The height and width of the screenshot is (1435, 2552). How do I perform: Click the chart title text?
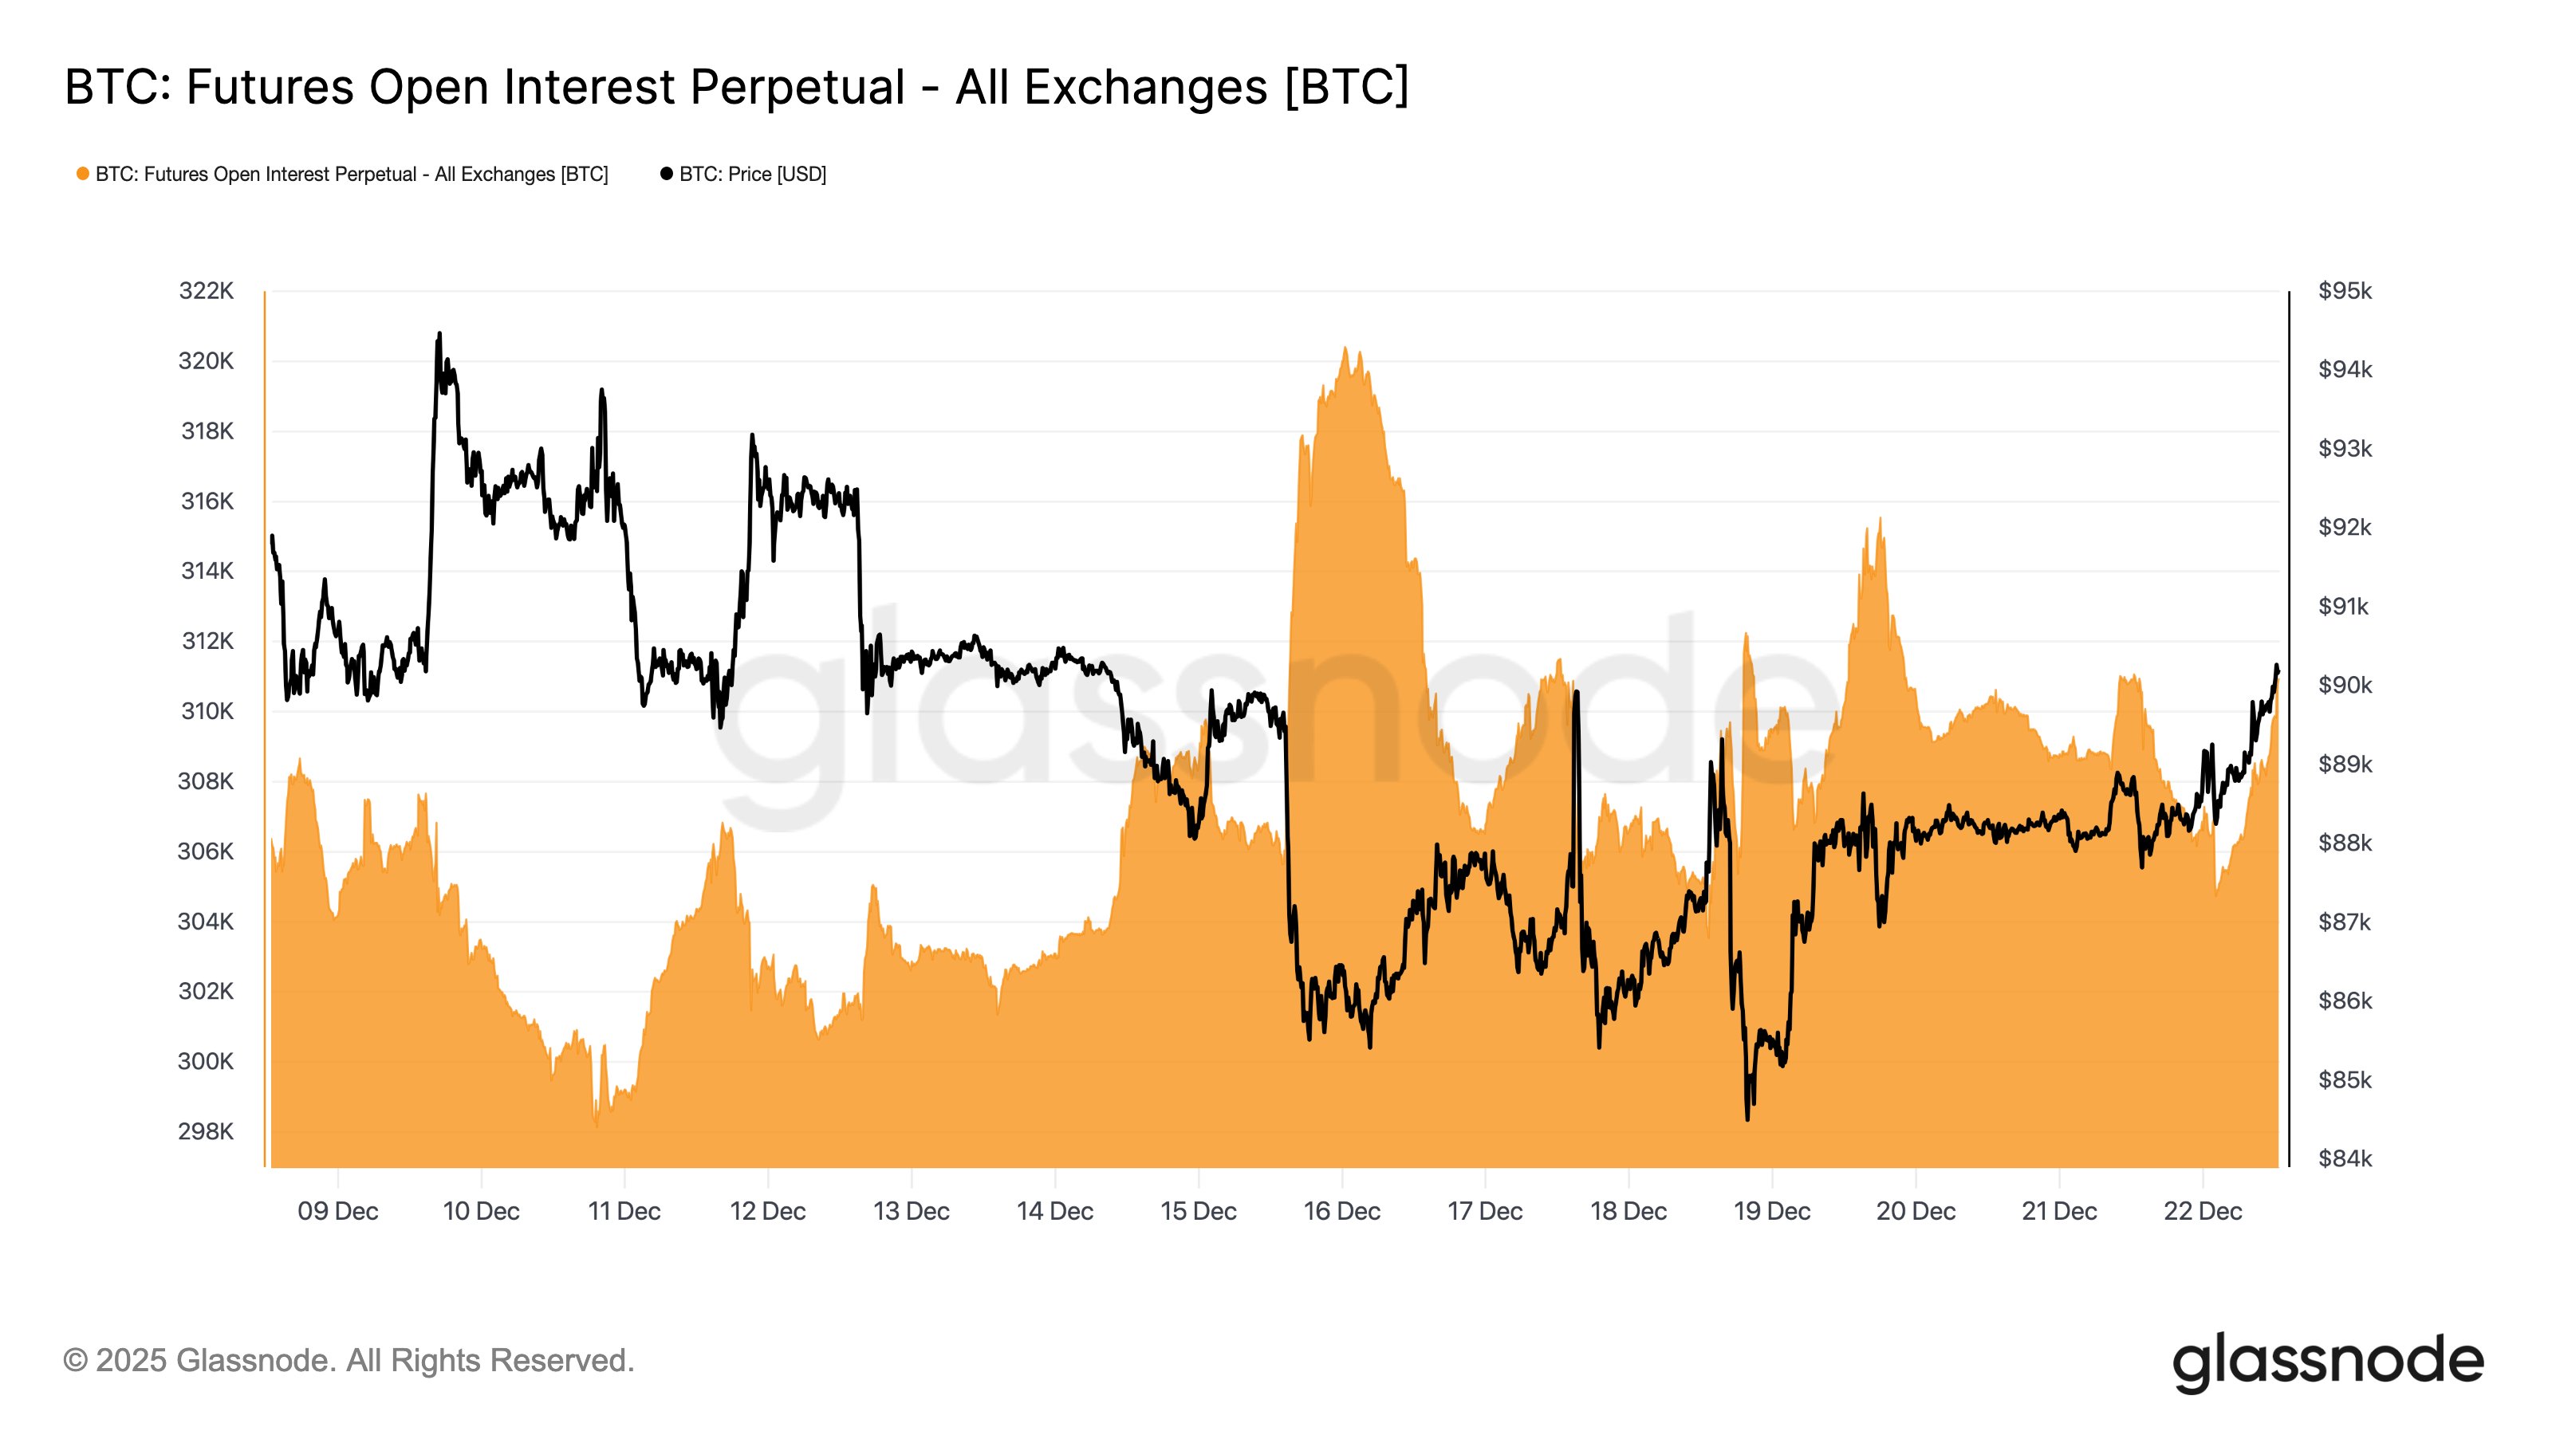(x=736, y=87)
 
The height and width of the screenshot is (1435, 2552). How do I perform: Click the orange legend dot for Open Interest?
(x=83, y=175)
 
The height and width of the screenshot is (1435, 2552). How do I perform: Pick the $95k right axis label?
(x=2345, y=291)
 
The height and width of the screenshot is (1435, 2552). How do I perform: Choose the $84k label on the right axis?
(x=2345, y=1158)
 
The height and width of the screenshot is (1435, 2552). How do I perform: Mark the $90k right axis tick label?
(x=2345, y=686)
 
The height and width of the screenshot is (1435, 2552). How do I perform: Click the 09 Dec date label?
(x=338, y=1211)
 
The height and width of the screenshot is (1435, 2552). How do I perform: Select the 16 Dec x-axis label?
(x=1341, y=1211)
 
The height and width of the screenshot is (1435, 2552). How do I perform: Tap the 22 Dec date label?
(x=2202, y=1211)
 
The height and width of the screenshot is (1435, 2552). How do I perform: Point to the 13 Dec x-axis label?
(x=912, y=1211)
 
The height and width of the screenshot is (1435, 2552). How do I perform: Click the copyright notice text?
(x=349, y=1361)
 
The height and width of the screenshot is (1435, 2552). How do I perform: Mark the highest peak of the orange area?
(x=1345, y=348)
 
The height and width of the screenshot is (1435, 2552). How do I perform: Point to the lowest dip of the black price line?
(x=1747, y=1119)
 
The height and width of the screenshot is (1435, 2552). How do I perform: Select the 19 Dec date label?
(x=1771, y=1211)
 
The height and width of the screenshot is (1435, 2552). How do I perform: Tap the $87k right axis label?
(x=2345, y=922)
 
